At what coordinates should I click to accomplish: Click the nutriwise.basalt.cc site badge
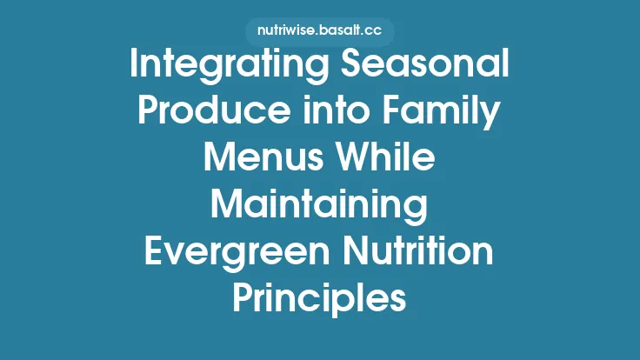click(319, 31)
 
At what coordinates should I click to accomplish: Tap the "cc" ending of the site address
click(374, 31)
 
